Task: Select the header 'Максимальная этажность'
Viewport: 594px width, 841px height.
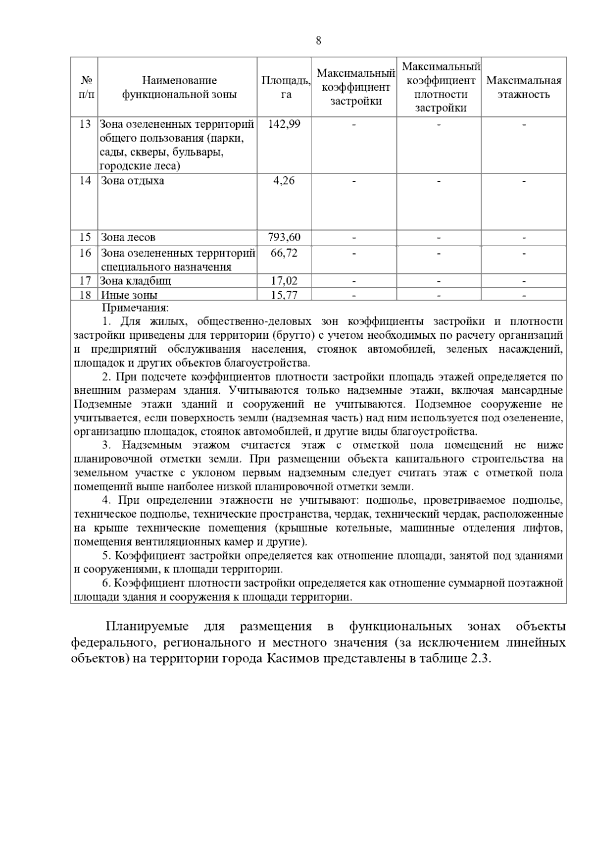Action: click(524, 88)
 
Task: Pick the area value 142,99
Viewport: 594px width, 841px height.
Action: click(284, 124)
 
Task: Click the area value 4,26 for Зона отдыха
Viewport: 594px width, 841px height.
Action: click(284, 181)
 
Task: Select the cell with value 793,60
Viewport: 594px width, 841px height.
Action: click(284, 237)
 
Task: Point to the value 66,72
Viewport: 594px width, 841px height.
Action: click(284, 253)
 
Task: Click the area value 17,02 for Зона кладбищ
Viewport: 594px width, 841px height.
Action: click(284, 281)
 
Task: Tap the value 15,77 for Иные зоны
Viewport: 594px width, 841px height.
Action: click(284, 295)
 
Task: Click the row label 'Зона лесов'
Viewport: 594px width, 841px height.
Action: click(128, 238)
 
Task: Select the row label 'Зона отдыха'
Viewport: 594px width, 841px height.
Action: click(132, 181)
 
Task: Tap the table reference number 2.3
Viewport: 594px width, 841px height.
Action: click(478, 659)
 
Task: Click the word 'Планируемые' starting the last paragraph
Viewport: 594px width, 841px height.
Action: click(147, 627)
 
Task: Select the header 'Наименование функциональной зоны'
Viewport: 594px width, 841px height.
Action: click(179, 87)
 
